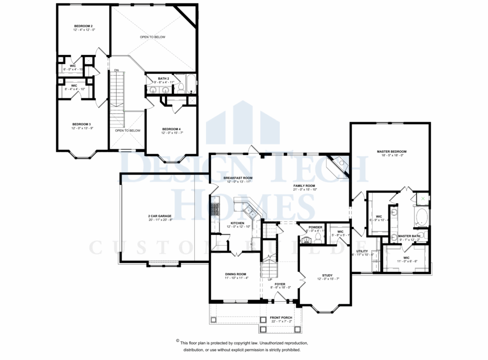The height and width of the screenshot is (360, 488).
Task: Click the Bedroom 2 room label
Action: pos(83,25)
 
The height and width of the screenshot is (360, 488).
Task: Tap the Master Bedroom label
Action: pos(391,152)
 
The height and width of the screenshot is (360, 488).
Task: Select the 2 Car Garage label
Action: pos(160,216)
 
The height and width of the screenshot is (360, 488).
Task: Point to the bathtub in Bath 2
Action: pos(190,83)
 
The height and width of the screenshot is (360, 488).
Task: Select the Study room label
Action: pos(327,275)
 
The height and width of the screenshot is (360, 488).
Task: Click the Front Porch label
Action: pos(281,318)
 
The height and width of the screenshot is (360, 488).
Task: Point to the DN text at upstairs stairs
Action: pos(116,71)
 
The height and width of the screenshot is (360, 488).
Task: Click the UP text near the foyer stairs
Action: pos(269,279)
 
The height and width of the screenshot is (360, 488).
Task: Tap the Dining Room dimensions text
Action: pos(236,278)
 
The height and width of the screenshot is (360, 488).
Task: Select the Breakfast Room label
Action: pos(238,178)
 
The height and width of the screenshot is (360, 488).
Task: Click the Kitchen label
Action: pos(238,223)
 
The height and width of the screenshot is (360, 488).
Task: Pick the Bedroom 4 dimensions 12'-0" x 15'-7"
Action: pos(172,133)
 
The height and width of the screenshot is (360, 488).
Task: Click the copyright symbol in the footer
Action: pos(178,341)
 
